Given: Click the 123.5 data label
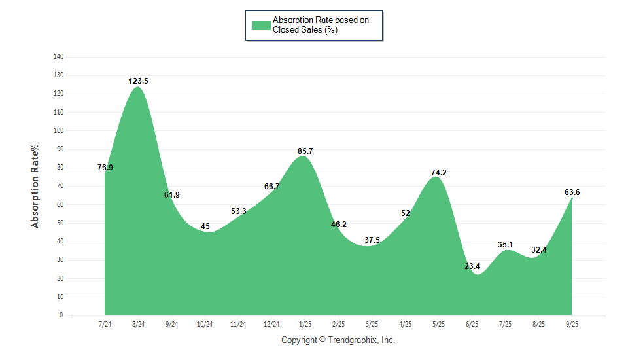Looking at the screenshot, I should (x=138, y=81).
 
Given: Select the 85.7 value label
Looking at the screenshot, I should (x=305, y=151).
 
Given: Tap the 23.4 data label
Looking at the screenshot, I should (x=472, y=266).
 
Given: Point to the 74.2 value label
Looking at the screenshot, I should (x=438, y=173).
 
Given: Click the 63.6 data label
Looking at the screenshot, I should (x=572, y=192).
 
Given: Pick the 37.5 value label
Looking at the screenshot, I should (x=372, y=240).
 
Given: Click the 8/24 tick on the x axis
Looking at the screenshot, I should (x=138, y=324).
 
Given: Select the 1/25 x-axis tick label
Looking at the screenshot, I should (x=305, y=324).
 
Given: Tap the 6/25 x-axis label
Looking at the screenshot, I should (x=472, y=324).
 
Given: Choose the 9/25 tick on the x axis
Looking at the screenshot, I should (x=572, y=324).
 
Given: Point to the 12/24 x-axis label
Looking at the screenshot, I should (x=271, y=324).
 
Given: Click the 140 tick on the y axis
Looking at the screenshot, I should (x=58, y=57).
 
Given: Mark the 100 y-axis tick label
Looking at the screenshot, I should (x=58, y=131).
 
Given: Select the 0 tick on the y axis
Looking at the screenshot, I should (x=61, y=315).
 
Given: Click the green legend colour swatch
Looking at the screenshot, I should (x=261, y=26).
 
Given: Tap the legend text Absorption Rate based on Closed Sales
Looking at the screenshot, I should (x=321, y=26).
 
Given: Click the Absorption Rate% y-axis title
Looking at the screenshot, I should (x=35, y=186).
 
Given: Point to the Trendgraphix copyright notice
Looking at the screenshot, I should (x=338, y=340).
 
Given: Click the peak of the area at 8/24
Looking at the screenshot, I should (x=138, y=87).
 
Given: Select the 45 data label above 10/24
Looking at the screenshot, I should (x=205, y=226).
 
